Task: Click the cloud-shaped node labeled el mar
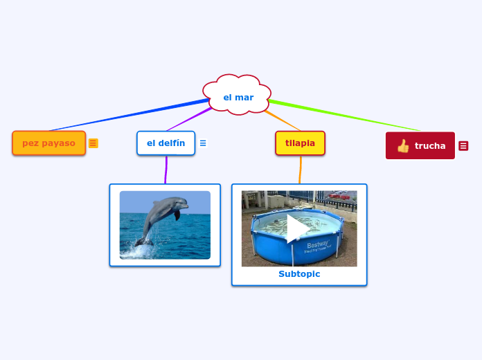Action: [x=238, y=97]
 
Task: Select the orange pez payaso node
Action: [x=48, y=143]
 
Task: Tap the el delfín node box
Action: [x=166, y=143]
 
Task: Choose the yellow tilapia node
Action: [x=300, y=143]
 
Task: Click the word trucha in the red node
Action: [x=430, y=146]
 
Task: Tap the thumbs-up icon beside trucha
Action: [x=403, y=146]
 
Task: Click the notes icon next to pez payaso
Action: [x=93, y=143]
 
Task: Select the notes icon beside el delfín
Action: [x=203, y=143]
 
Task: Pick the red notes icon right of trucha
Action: [x=463, y=146]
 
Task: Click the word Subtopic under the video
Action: [x=299, y=274]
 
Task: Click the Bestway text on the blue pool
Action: [x=318, y=244]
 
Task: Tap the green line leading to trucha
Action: [x=346, y=116]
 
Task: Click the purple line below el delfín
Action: [x=166, y=170]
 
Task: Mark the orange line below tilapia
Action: [x=301, y=170]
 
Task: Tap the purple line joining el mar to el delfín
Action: [x=189, y=119]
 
